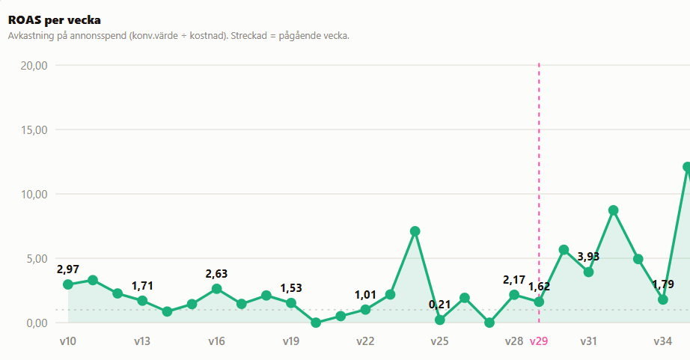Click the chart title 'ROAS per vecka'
coord(54,20)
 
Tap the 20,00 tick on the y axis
coord(34,66)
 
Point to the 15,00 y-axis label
coord(34,129)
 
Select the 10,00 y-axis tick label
coord(34,194)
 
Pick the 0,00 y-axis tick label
coord(37,323)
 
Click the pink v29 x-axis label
coord(539,341)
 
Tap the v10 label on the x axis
coord(68,341)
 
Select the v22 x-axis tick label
coord(365,341)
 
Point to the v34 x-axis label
coord(663,341)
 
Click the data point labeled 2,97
coord(68,284)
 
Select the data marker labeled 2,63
coord(216,289)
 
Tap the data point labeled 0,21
coord(439,320)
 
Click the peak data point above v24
coord(415,231)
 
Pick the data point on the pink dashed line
coord(539,302)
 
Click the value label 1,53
coord(291,288)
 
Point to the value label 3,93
coord(588,257)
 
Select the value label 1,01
coord(365,295)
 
